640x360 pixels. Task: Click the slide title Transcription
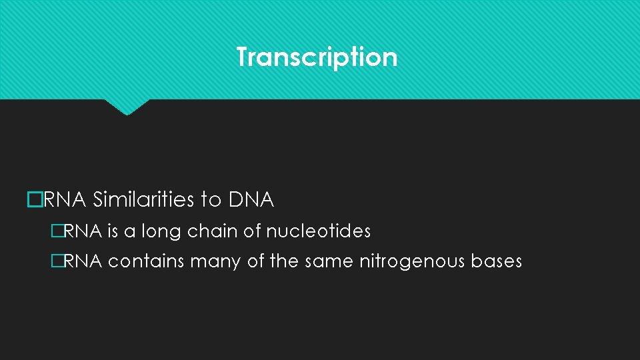pyautogui.click(x=317, y=57)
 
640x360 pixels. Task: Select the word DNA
pyautogui.click(x=251, y=199)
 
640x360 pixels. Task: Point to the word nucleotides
pyautogui.click(x=318, y=232)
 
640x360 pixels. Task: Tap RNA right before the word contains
pyautogui.click(x=83, y=262)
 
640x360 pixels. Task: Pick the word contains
pyautogui.click(x=146, y=262)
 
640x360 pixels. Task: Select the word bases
pyautogui.click(x=497, y=262)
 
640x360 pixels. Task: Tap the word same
pyautogui.click(x=329, y=262)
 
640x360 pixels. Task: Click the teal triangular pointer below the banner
pyautogui.click(x=127, y=107)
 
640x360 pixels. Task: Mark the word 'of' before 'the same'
pyautogui.click(x=256, y=262)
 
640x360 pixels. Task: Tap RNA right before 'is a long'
pyautogui.click(x=83, y=232)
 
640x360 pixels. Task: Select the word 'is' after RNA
pyautogui.click(x=113, y=232)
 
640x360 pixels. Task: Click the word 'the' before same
pyautogui.click(x=285, y=262)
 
